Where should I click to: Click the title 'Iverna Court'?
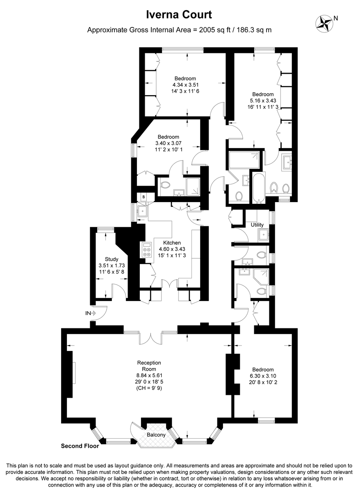(179, 15)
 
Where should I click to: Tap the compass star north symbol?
(324, 23)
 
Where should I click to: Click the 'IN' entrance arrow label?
(91, 313)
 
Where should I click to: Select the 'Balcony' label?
(156, 435)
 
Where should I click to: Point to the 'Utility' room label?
(257, 225)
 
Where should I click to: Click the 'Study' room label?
(112, 259)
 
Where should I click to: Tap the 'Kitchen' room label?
(172, 243)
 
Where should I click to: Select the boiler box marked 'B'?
(144, 197)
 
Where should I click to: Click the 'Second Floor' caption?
(80, 446)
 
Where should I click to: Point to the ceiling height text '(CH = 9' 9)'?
(149, 388)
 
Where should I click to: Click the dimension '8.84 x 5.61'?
(149, 376)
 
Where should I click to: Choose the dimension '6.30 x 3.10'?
(263, 376)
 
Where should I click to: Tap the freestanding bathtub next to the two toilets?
(259, 187)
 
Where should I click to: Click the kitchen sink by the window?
(143, 211)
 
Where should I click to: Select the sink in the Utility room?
(263, 235)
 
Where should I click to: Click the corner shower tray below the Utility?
(261, 277)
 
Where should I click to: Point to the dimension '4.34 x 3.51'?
(185, 85)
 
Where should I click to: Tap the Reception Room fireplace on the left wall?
(70, 373)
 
